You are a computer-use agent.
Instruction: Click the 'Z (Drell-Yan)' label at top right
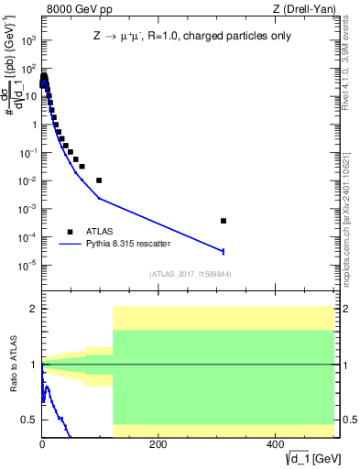[308, 9]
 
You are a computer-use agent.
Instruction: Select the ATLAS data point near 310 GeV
[224, 221]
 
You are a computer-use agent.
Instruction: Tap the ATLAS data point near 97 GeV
[99, 180]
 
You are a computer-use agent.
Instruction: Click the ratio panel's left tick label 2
[32, 309]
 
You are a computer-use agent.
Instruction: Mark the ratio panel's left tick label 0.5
[29, 420]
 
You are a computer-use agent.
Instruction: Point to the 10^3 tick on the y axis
[28, 40]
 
